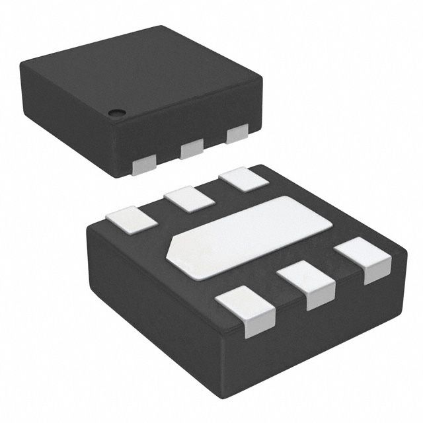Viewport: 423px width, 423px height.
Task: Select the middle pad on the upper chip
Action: (x=192, y=149)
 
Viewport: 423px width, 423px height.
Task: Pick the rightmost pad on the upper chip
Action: (x=237, y=134)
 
